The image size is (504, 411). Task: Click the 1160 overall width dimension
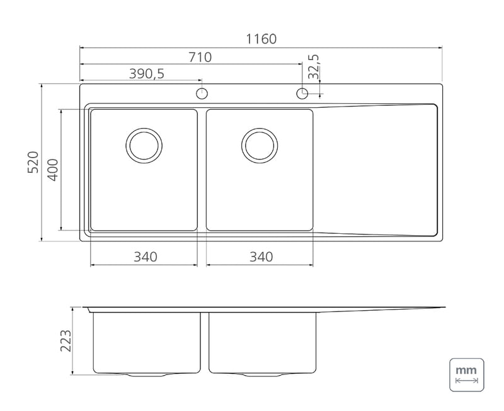pyautogui.click(x=261, y=39)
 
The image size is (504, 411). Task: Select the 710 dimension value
pyautogui.click(x=200, y=57)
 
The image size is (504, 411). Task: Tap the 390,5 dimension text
pyautogui.click(x=147, y=74)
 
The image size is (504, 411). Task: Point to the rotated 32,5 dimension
pyautogui.click(x=313, y=67)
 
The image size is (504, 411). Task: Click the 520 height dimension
pyautogui.click(x=33, y=163)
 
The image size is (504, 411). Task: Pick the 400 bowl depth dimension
pyautogui.click(x=53, y=170)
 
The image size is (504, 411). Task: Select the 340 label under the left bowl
pyautogui.click(x=146, y=257)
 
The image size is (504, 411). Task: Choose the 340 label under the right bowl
pyautogui.click(x=261, y=257)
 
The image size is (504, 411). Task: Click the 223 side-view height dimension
pyautogui.click(x=66, y=340)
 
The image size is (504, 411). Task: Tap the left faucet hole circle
pyautogui.click(x=202, y=93)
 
